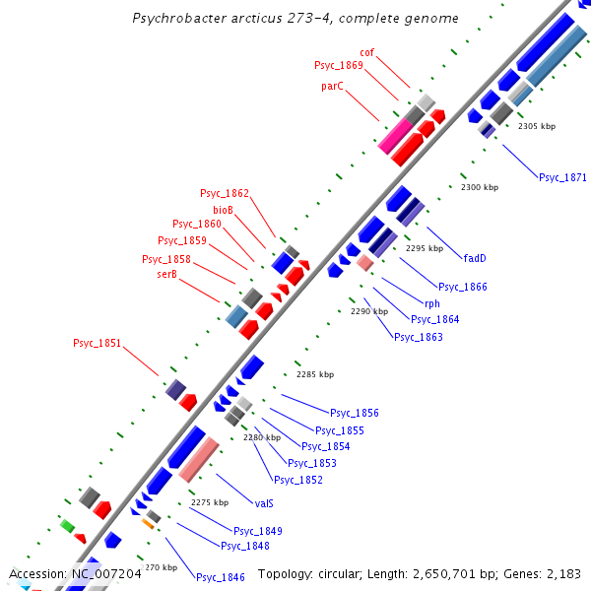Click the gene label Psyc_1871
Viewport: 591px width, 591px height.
561,177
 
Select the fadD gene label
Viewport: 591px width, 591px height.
476,259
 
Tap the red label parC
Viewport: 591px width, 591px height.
332,87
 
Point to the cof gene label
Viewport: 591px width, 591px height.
366,52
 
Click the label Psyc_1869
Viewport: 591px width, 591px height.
339,65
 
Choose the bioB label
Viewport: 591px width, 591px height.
223,209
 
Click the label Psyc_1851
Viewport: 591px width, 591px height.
98,343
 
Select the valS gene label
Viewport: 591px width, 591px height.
264,502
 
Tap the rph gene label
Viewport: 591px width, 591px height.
431,303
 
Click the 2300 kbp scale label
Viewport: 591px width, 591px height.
480,187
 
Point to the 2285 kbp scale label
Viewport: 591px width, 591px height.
315,374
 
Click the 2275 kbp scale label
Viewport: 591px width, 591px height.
209,502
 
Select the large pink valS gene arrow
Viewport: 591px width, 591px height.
199,459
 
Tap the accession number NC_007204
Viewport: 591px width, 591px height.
107,573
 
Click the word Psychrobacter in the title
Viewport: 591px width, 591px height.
180,19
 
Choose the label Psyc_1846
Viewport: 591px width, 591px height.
221,577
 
